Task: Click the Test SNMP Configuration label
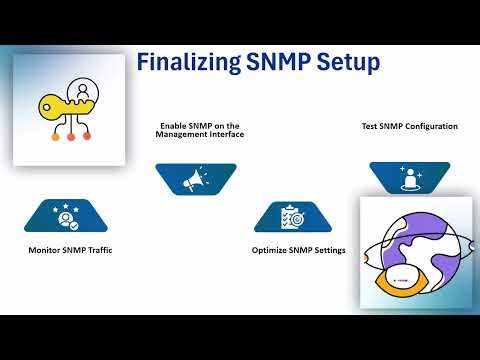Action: point(409,126)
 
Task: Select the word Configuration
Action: point(431,126)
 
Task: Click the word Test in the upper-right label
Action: point(369,126)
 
